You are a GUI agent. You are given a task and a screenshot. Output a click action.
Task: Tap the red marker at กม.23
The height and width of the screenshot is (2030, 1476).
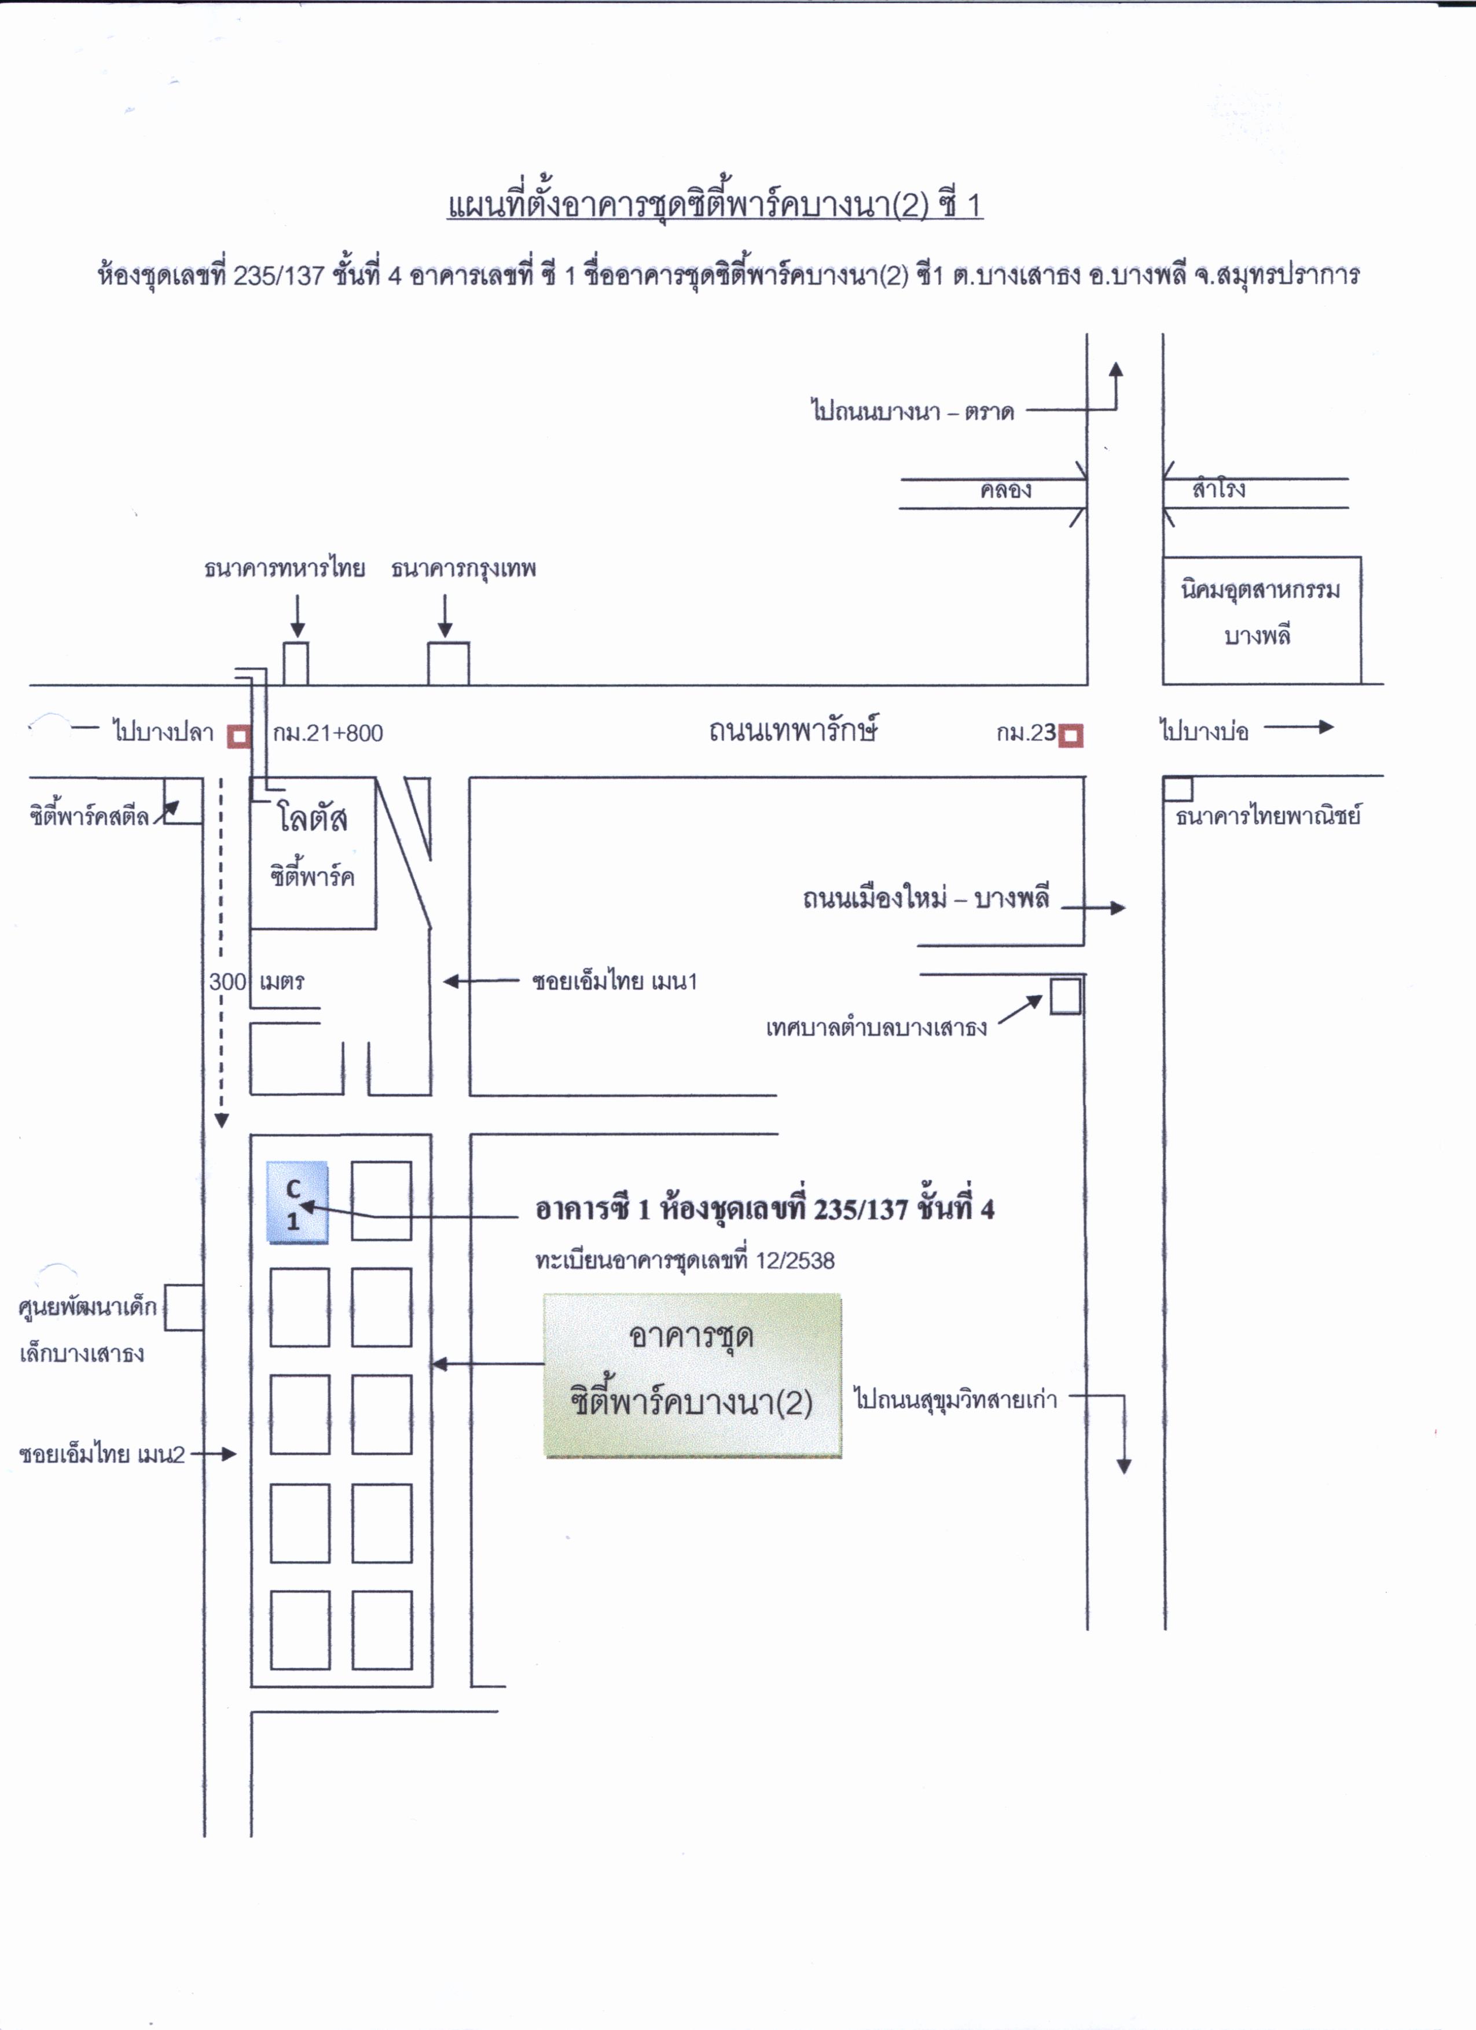[x=1070, y=736]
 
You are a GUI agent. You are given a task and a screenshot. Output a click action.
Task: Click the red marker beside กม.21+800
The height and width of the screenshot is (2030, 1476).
[x=239, y=736]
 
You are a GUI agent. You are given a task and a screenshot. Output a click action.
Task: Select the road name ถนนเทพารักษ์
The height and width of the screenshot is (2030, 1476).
[x=793, y=729]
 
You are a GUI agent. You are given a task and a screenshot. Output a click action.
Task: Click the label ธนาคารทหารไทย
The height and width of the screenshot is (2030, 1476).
[x=285, y=568]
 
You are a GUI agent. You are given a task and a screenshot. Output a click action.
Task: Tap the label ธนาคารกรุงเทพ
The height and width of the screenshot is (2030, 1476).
[x=464, y=569]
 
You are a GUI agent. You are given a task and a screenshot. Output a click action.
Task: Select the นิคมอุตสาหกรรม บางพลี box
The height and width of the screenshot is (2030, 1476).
[x=1261, y=619]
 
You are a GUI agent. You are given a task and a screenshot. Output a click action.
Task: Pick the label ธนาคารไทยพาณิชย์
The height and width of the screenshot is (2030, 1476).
[x=1268, y=816]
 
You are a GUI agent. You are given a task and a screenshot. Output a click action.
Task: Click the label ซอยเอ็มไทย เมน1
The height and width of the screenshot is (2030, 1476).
[x=614, y=981]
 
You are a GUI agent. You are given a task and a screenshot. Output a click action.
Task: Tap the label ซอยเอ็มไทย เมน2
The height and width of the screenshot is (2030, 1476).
[x=102, y=1455]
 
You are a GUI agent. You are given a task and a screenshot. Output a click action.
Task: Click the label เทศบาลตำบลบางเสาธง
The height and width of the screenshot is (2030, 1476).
[x=876, y=1027]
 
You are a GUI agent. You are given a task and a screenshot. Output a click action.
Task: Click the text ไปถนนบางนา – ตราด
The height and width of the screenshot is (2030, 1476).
[x=912, y=412]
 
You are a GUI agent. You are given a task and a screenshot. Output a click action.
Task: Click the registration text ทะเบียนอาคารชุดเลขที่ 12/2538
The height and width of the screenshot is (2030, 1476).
[x=685, y=1261]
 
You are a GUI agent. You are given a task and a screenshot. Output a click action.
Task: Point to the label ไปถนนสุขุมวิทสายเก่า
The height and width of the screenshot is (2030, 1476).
[x=956, y=1399]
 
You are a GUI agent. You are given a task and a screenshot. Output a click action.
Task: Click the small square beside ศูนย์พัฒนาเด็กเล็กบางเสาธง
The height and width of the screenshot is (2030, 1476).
[x=183, y=1308]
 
